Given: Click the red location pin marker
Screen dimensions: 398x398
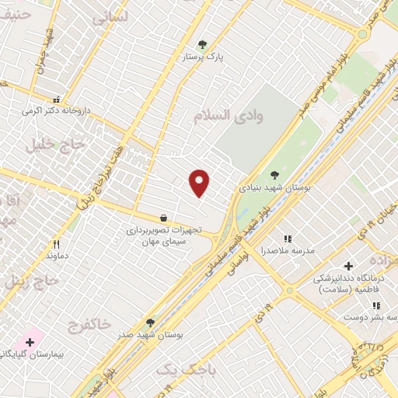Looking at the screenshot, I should pos(200,183).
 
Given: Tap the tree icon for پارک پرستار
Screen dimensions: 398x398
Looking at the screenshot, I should pos(203,44).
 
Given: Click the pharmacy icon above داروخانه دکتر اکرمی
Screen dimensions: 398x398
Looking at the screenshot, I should pos(56,99).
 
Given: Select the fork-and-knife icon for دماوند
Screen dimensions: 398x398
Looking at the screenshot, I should pos(56,243).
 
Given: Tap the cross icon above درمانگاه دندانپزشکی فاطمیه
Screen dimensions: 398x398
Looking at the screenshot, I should pos(347,266).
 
